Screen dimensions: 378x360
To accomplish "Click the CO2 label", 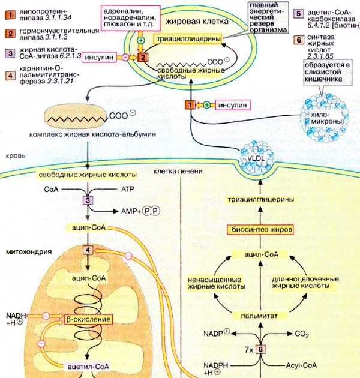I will [301, 331].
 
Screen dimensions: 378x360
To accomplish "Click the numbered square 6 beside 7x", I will [261, 349].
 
